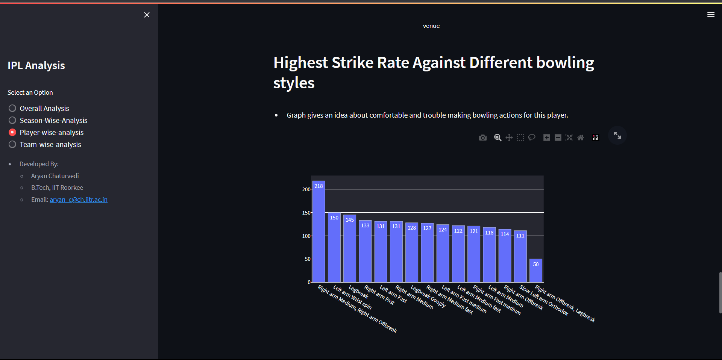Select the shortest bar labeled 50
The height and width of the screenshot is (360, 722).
click(536, 271)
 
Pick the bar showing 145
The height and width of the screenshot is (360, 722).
click(350, 248)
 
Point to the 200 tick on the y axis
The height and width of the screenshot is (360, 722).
click(306, 189)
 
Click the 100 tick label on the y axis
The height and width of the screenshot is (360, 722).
click(306, 236)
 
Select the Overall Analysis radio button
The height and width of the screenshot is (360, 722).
click(12, 108)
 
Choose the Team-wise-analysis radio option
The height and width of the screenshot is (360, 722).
click(12, 144)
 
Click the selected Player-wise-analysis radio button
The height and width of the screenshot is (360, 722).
click(12, 132)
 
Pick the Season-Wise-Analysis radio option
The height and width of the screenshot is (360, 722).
click(12, 120)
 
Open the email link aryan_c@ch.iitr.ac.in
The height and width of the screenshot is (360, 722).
click(79, 200)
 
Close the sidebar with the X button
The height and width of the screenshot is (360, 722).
click(147, 15)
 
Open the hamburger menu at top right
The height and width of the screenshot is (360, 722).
click(711, 15)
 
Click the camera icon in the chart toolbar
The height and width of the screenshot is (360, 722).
click(483, 138)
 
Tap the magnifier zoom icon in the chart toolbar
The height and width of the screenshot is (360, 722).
click(498, 138)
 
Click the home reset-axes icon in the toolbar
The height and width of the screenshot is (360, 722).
click(581, 138)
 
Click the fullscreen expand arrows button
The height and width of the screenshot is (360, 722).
click(617, 135)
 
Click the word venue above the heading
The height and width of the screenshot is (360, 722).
click(431, 26)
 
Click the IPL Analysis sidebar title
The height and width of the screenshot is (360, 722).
click(36, 65)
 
